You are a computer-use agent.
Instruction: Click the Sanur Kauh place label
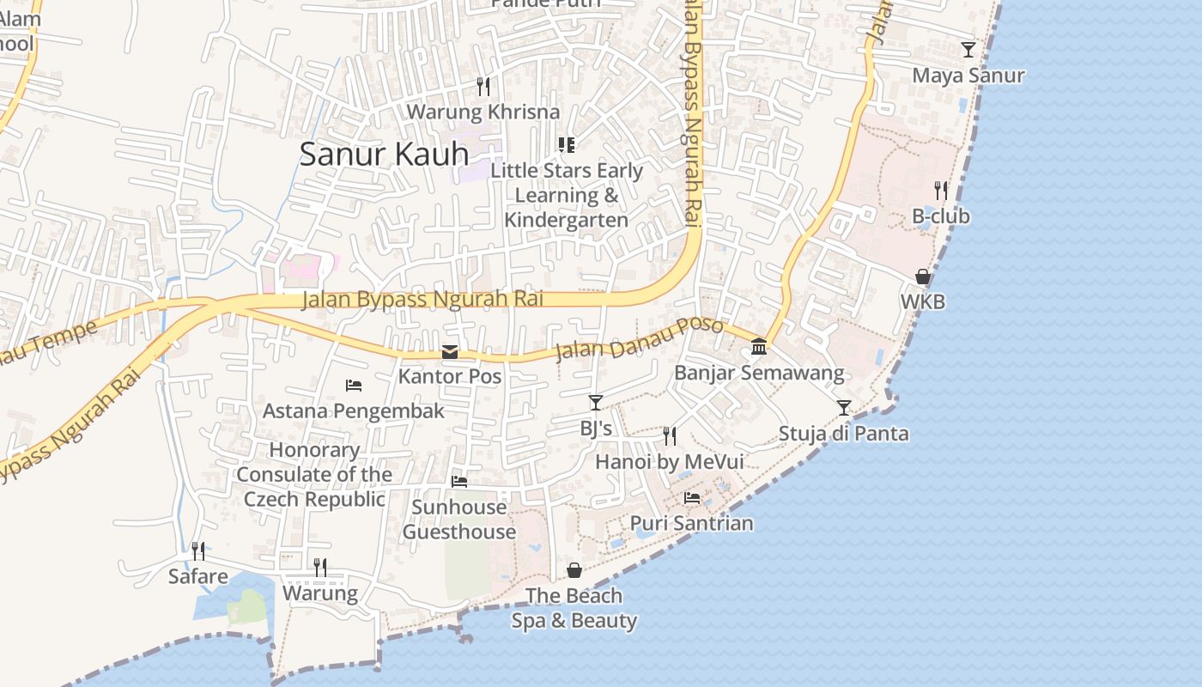(x=384, y=154)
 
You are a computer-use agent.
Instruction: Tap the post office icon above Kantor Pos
(x=449, y=352)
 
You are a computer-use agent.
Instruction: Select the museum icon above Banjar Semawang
(x=759, y=346)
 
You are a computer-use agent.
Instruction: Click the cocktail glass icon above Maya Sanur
(x=968, y=49)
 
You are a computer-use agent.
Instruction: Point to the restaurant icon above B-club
(x=941, y=190)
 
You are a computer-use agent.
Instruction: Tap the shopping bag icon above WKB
(x=922, y=277)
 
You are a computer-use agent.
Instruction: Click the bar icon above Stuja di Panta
(x=844, y=407)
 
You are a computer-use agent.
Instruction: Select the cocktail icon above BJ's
(x=595, y=402)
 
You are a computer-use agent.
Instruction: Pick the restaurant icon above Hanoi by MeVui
(x=670, y=435)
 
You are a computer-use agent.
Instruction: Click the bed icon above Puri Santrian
(x=692, y=497)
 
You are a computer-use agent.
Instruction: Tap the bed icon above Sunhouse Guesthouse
(x=459, y=482)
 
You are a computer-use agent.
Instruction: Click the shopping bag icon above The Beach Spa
(x=574, y=570)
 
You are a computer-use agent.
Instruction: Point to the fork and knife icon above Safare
(x=197, y=550)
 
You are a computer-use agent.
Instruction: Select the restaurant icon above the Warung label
(x=319, y=567)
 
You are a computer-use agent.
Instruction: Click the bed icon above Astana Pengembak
(x=354, y=386)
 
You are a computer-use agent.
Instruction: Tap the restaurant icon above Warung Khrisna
(x=483, y=86)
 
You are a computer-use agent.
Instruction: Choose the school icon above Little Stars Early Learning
(x=566, y=144)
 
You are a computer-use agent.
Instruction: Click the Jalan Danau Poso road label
(x=639, y=338)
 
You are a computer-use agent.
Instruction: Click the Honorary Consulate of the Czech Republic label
(x=314, y=474)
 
